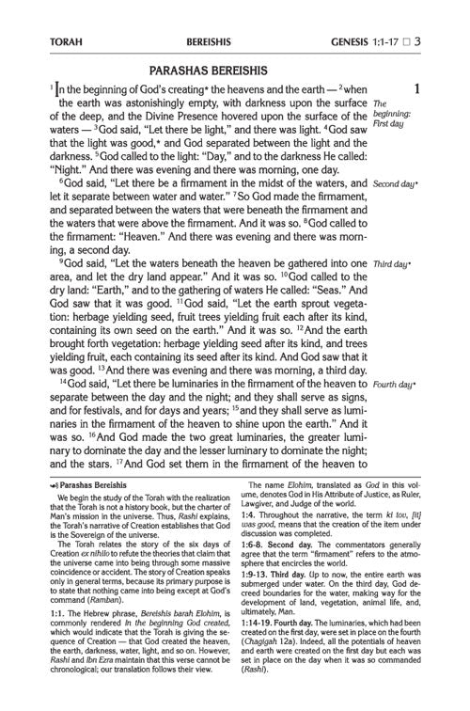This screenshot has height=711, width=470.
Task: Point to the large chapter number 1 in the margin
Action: coord(415,91)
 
